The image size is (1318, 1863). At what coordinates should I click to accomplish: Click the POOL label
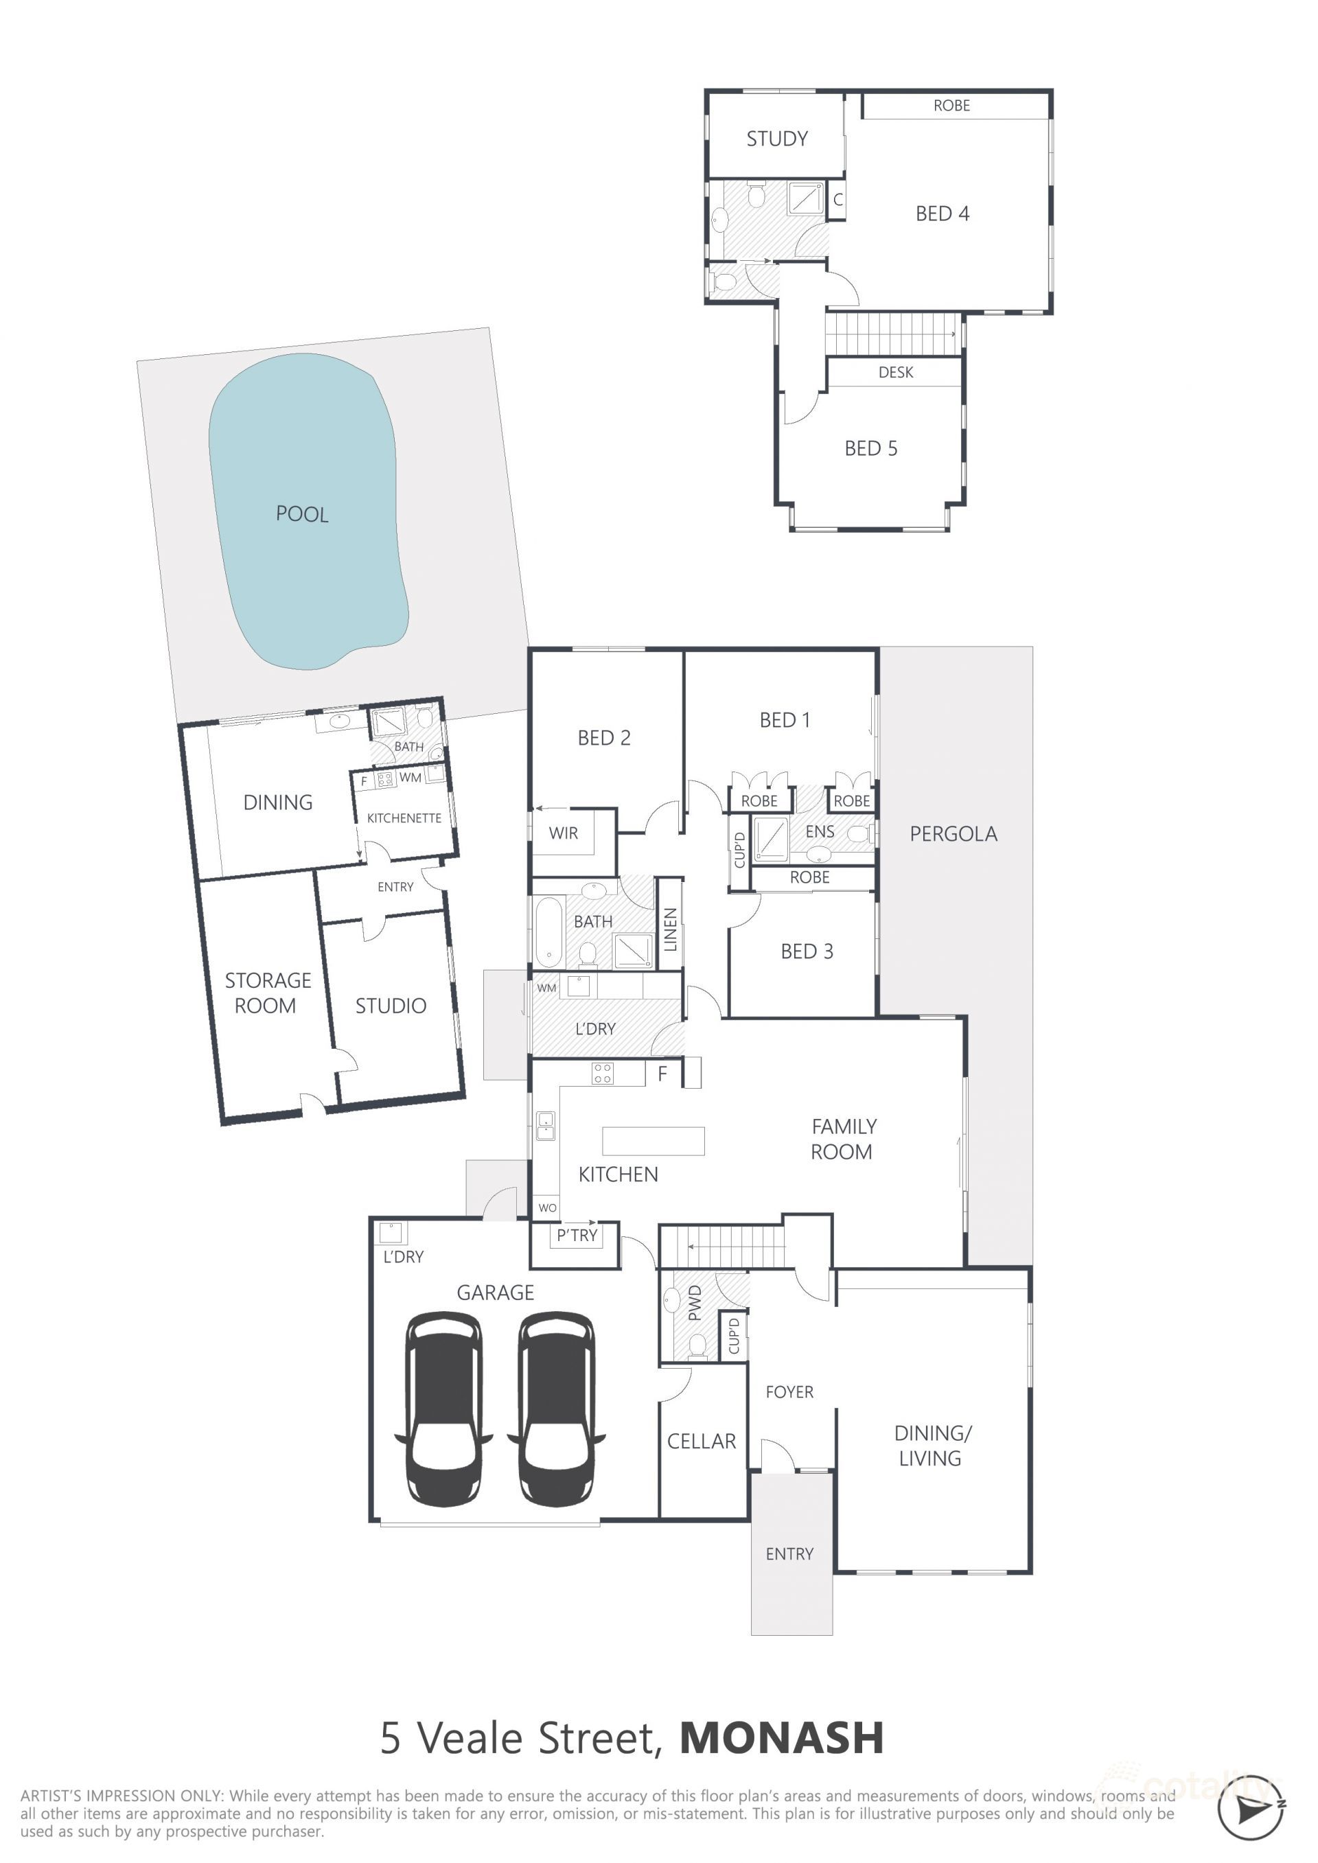click(302, 513)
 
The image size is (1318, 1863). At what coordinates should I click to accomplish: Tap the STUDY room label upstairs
click(776, 139)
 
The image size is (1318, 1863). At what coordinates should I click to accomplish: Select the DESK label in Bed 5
click(895, 373)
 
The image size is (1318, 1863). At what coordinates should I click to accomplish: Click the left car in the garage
click(443, 1408)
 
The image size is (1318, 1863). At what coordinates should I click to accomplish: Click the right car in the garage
click(556, 1408)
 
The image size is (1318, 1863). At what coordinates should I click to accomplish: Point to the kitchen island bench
click(653, 1140)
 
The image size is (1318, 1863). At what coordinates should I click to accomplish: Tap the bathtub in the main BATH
click(548, 932)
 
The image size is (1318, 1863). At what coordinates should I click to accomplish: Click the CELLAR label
click(701, 1441)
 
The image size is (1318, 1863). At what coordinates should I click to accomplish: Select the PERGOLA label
click(953, 833)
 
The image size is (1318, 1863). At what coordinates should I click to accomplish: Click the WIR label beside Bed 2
click(563, 833)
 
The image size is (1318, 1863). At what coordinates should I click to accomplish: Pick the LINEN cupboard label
click(669, 929)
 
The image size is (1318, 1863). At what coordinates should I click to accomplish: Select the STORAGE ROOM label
click(267, 993)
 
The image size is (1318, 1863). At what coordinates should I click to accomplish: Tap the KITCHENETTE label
click(404, 818)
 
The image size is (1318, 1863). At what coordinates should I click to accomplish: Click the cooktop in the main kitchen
click(602, 1074)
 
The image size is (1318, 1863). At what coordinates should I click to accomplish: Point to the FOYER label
click(789, 1391)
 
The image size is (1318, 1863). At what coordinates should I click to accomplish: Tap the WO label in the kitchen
click(547, 1207)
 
